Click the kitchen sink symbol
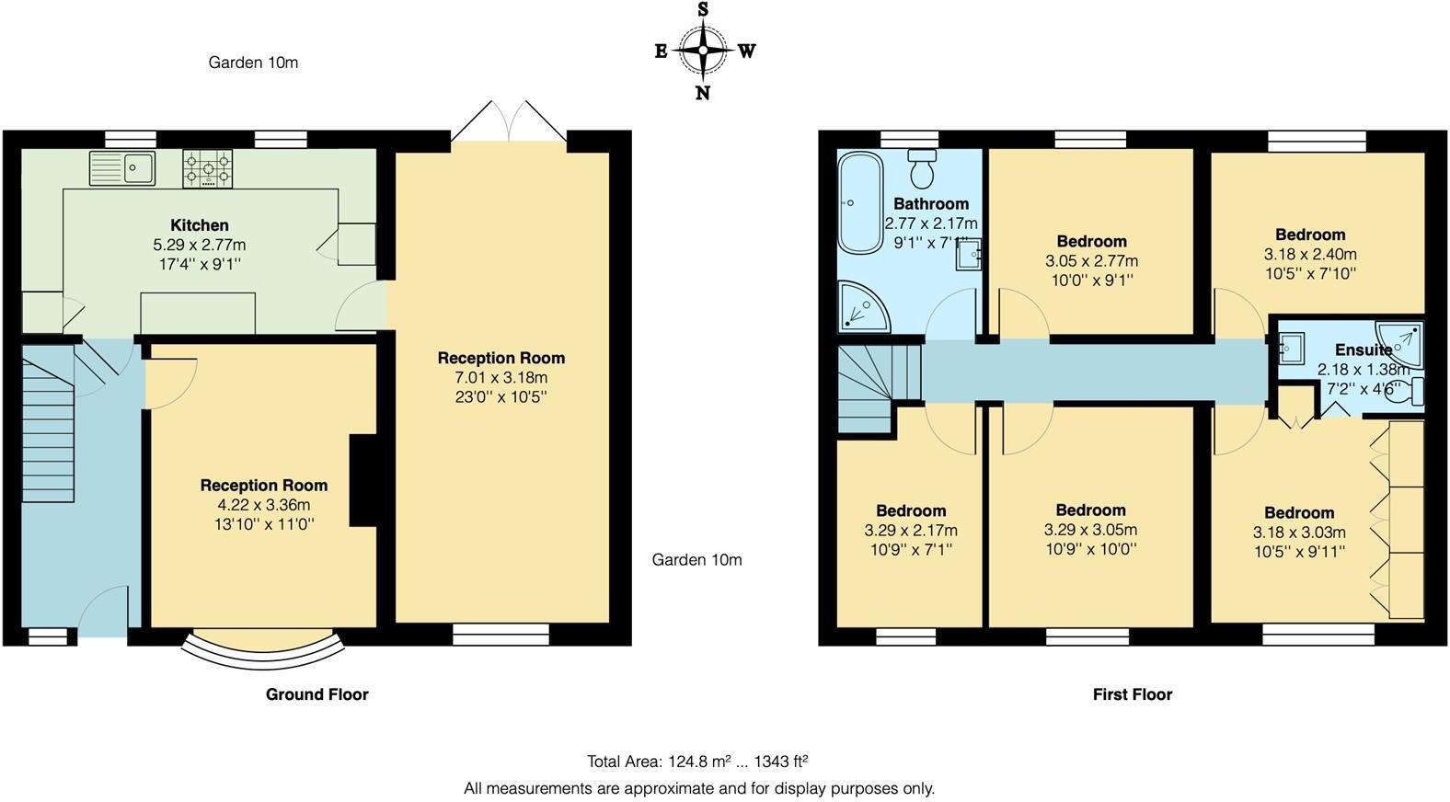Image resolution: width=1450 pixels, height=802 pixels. (x=122, y=167)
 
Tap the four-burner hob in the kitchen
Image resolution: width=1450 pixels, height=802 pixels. (x=207, y=168)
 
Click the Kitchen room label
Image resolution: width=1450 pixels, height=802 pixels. (x=200, y=225)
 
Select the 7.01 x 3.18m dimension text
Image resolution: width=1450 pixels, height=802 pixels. (x=501, y=378)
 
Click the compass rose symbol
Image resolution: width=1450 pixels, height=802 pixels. (x=703, y=51)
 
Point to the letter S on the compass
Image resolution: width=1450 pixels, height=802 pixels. (x=703, y=10)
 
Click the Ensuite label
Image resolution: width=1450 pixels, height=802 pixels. (x=1363, y=349)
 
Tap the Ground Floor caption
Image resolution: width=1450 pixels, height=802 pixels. (x=316, y=694)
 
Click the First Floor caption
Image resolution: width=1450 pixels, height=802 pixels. (x=1132, y=694)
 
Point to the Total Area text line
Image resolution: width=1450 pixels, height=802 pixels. (x=697, y=762)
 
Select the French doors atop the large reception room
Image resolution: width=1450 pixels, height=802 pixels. (x=509, y=122)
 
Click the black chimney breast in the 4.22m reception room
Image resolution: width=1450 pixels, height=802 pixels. (x=363, y=480)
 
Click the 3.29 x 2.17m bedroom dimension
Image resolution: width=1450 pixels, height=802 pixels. (x=910, y=531)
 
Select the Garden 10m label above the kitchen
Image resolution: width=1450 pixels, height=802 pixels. (x=253, y=63)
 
